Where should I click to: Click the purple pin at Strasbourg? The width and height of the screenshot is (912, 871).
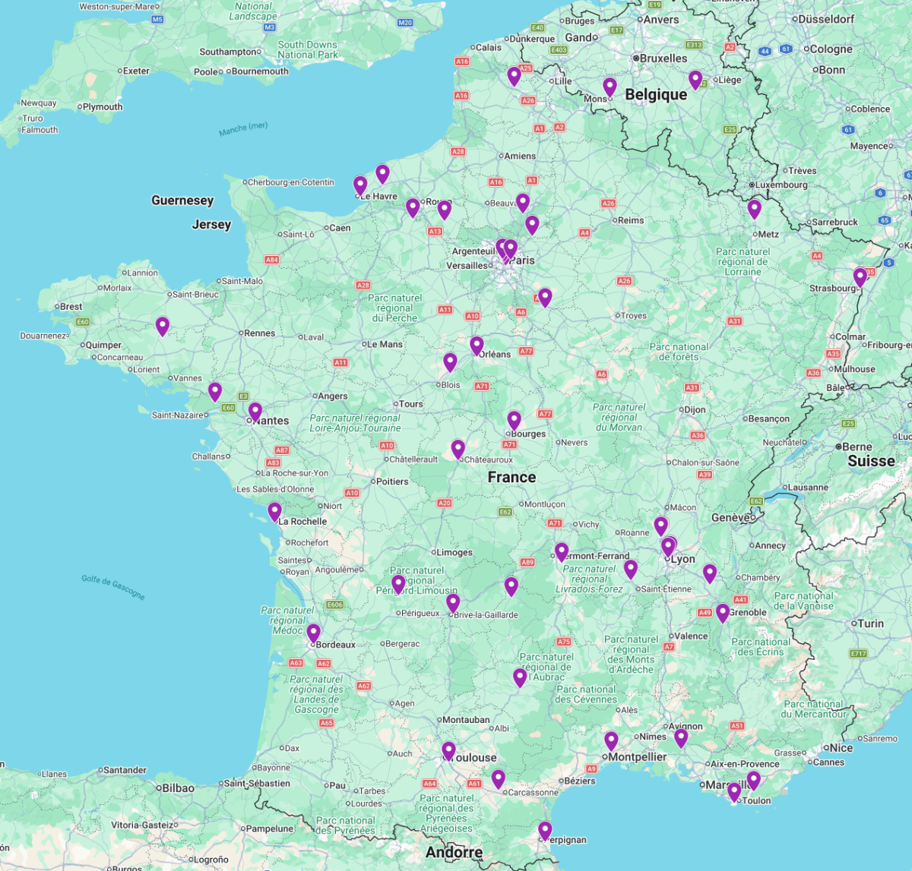[860, 277]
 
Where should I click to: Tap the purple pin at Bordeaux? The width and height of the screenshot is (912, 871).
[313, 633]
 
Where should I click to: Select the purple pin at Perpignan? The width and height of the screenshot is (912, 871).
[545, 831]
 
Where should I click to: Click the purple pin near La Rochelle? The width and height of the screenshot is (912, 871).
[274, 511]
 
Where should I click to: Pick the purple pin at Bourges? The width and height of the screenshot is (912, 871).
[514, 420]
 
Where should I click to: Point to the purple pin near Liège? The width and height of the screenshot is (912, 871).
[695, 79]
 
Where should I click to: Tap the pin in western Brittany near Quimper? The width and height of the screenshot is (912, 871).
[162, 326]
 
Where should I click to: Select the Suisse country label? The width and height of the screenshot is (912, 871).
[871, 461]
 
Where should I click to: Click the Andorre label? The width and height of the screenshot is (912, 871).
[454, 852]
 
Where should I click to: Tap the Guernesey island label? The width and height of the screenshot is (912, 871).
[182, 200]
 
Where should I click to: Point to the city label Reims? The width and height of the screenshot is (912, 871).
[630, 220]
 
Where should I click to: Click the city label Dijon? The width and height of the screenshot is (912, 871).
[694, 409]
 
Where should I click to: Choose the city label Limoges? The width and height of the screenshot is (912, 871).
[454, 552]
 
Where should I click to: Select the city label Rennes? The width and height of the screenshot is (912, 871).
[259, 333]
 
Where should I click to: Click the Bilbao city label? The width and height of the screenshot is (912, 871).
[178, 788]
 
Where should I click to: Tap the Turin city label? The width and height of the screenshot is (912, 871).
[870, 623]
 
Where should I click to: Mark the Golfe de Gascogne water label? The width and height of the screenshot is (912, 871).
[112, 588]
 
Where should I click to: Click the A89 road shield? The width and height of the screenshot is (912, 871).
[527, 563]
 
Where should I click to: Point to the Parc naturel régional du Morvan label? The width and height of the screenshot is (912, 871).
[619, 418]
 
